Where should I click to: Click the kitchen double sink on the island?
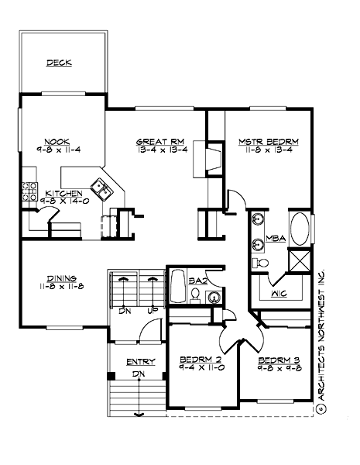101,185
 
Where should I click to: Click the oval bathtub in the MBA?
301,230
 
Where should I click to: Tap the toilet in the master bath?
262,263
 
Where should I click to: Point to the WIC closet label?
279,294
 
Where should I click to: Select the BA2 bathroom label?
197,281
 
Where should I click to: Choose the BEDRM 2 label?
201,360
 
